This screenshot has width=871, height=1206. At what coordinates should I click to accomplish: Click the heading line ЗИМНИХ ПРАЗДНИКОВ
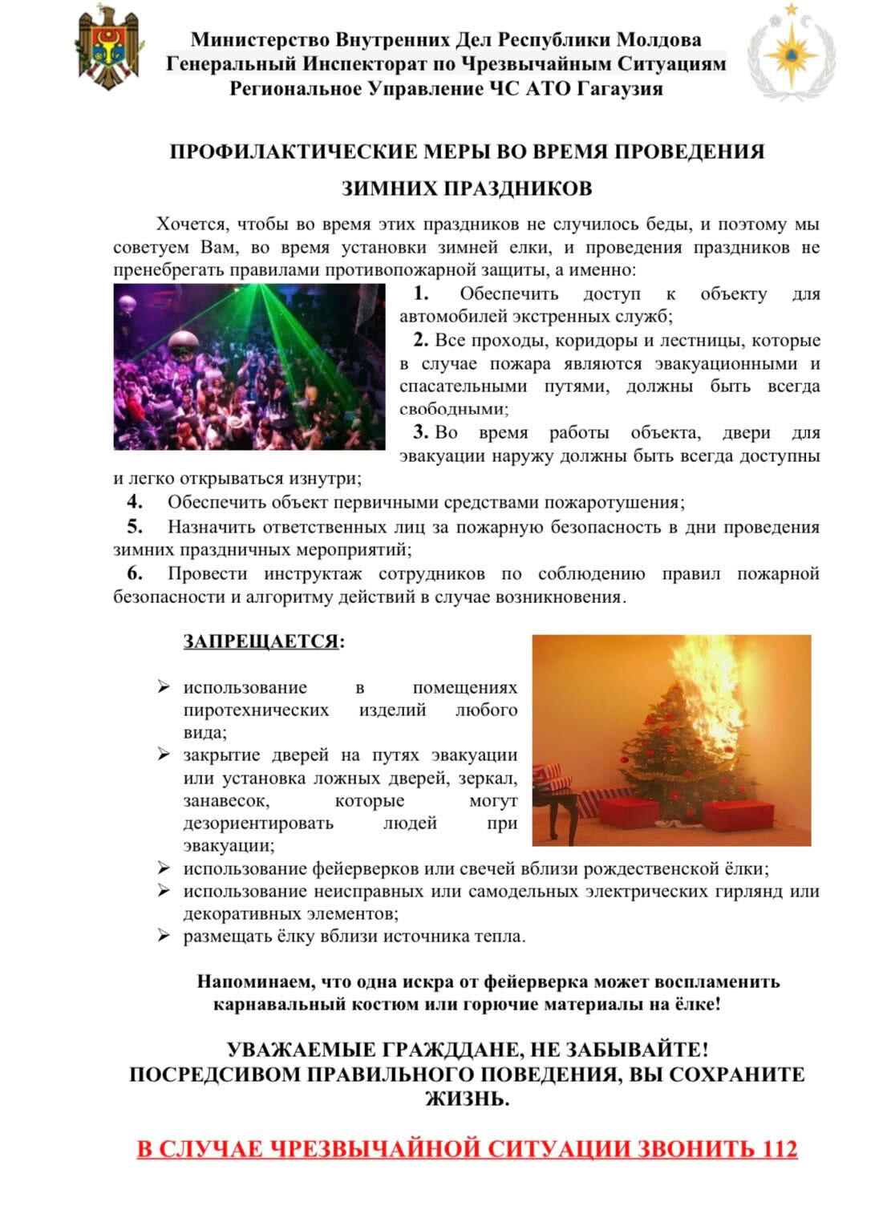point(467,188)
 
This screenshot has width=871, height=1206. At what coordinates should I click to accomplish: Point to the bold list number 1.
point(421,293)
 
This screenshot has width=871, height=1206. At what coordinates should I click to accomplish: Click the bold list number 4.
point(135,503)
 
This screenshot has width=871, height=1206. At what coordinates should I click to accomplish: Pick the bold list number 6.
point(135,573)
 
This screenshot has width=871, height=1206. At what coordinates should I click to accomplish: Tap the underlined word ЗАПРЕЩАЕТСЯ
point(261,642)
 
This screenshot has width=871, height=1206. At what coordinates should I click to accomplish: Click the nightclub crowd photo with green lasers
point(249,366)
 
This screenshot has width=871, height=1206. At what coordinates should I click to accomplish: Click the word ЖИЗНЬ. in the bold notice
point(467,1099)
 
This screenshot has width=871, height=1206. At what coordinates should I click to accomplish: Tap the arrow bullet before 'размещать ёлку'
point(164,936)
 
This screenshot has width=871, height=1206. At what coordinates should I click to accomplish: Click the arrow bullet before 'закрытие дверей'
point(164,755)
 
